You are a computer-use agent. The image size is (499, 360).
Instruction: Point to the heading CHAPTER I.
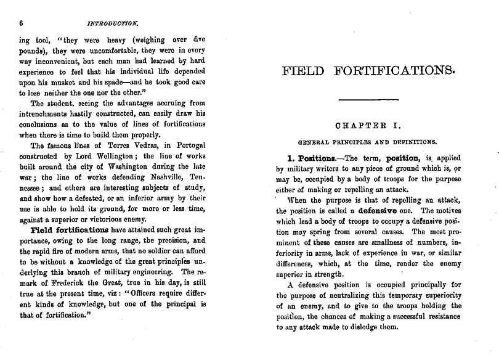click(368, 126)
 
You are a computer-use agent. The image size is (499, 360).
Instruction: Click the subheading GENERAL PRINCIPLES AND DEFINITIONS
click(368, 142)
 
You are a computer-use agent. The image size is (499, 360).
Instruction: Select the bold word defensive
click(370, 210)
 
